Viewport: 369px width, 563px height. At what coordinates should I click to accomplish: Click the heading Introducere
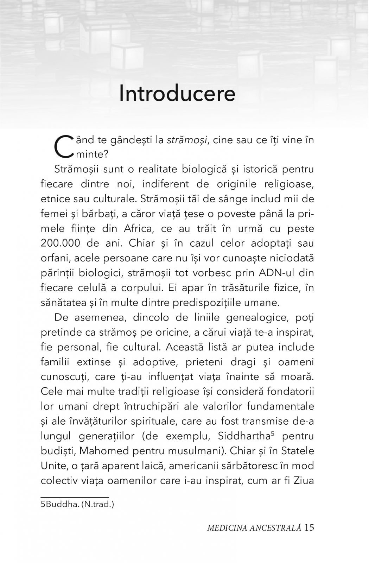177,94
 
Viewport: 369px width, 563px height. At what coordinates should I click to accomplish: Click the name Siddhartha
244,436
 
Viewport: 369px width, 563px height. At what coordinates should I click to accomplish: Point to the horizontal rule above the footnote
75,497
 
